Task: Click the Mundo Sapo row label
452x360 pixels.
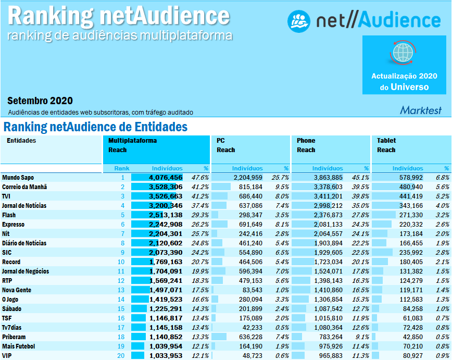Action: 17,178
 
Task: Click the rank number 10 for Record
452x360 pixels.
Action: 121,262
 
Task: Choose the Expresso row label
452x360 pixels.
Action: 14,225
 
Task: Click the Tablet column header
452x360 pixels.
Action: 386,141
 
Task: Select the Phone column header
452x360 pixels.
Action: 306,141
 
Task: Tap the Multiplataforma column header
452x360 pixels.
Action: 132,141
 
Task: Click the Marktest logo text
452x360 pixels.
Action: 420,110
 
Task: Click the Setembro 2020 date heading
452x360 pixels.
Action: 40,101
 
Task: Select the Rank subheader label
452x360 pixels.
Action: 121,168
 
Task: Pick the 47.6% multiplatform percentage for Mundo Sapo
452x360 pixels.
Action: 200,178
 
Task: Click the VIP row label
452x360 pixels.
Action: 7,356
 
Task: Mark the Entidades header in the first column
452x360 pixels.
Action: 21,141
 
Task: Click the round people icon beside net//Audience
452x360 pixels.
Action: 299,20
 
